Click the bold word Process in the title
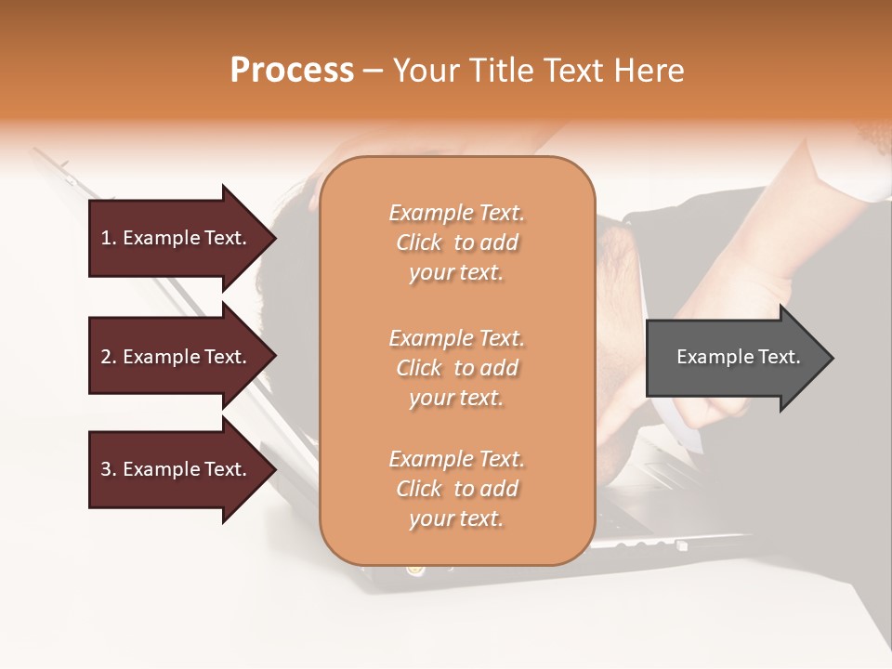[x=292, y=71]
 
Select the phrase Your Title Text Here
[x=538, y=71]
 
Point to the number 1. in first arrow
[x=109, y=238]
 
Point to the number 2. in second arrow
[x=109, y=357]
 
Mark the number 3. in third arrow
[x=109, y=469]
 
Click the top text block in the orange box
[x=456, y=243]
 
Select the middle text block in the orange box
[x=456, y=368]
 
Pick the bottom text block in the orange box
[x=456, y=489]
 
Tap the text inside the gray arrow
[x=739, y=357]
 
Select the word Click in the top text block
[x=419, y=243]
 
